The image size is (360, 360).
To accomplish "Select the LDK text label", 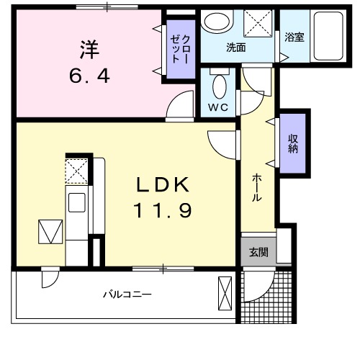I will (163, 186).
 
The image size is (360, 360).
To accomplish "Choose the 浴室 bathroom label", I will (294, 37).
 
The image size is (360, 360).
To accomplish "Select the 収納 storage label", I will (294, 144).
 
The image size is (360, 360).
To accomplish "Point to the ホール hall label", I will (257, 189).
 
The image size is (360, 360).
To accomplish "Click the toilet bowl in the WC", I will (220, 88).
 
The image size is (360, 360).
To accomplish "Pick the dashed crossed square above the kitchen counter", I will (76, 171).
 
